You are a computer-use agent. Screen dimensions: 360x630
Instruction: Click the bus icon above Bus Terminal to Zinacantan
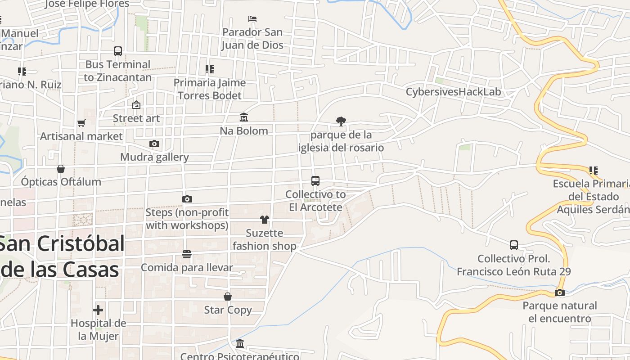point(118,51)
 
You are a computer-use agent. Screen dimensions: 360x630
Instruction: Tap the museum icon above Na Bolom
point(244,117)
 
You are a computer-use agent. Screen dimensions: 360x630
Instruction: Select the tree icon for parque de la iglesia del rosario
point(341,121)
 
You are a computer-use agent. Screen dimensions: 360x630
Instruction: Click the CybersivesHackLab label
point(453,92)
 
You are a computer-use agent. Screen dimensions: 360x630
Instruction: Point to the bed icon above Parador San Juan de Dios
point(252,19)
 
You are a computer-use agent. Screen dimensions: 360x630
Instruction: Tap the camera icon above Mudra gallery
point(154,144)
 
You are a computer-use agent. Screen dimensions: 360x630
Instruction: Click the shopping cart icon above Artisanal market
point(81,123)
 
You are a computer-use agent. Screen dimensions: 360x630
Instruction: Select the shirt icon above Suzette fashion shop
point(264,220)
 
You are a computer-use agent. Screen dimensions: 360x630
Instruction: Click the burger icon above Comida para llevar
point(187,254)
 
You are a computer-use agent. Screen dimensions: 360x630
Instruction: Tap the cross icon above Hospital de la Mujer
point(98,310)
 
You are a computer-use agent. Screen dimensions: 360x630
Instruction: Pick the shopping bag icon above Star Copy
point(228,297)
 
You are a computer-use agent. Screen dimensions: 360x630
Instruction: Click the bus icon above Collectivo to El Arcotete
point(315,181)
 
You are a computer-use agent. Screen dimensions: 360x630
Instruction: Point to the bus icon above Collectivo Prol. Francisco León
point(514,245)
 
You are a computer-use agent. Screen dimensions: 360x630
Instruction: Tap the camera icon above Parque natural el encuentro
point(560,292)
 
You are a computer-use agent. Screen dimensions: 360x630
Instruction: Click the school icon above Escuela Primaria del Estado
point(594,171)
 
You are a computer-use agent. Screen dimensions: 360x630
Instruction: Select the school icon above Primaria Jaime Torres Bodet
point(210,69)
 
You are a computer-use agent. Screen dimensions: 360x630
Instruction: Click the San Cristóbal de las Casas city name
point(61,256)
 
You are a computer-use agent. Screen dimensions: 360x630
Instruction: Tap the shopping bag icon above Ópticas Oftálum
point(61,169)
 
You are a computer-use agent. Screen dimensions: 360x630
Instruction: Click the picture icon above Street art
point(136,105)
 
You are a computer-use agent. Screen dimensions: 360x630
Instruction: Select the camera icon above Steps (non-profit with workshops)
point(187,199)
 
